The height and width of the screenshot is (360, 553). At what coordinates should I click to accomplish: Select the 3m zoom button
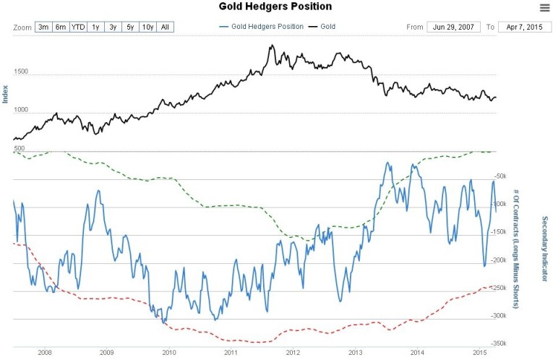pos(43,27)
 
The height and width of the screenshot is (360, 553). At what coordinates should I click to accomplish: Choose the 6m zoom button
pos(61,27)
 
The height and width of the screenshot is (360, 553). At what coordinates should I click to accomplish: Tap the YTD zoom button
pos(78,27)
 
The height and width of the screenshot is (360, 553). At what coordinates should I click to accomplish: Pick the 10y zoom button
pos(147,27)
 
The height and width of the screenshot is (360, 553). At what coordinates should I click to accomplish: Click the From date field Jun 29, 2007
pos(452,27)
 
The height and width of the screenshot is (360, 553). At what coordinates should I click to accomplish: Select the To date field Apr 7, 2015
pos(524,27)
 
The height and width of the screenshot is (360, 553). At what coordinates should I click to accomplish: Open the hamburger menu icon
pos(544,7)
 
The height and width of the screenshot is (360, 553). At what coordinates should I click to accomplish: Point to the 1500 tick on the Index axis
pos(20,72)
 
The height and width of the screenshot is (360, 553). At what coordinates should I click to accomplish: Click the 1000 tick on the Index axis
pos(20,110)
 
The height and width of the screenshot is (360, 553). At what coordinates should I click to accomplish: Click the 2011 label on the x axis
pos(231,353)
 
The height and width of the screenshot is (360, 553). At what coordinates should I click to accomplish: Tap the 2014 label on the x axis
pos(418,353)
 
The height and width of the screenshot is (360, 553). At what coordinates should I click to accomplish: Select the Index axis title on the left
pos(6,94)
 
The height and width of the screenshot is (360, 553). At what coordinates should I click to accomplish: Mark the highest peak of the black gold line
pos(271,46)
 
